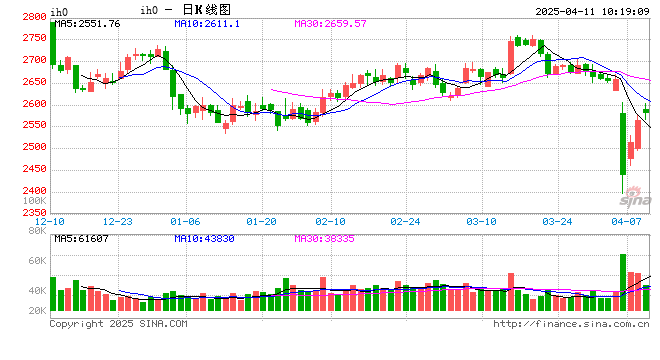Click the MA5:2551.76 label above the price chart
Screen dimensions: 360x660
[x=87, y=23]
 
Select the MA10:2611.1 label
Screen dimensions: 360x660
[x=206, y=23]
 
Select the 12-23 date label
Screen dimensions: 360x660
[x=118, y=221]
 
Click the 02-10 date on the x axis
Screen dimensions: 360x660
[x=330, y=221]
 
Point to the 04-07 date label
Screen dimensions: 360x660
[x=626, y=221]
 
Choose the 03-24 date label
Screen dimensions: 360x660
[x=556, y=221]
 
